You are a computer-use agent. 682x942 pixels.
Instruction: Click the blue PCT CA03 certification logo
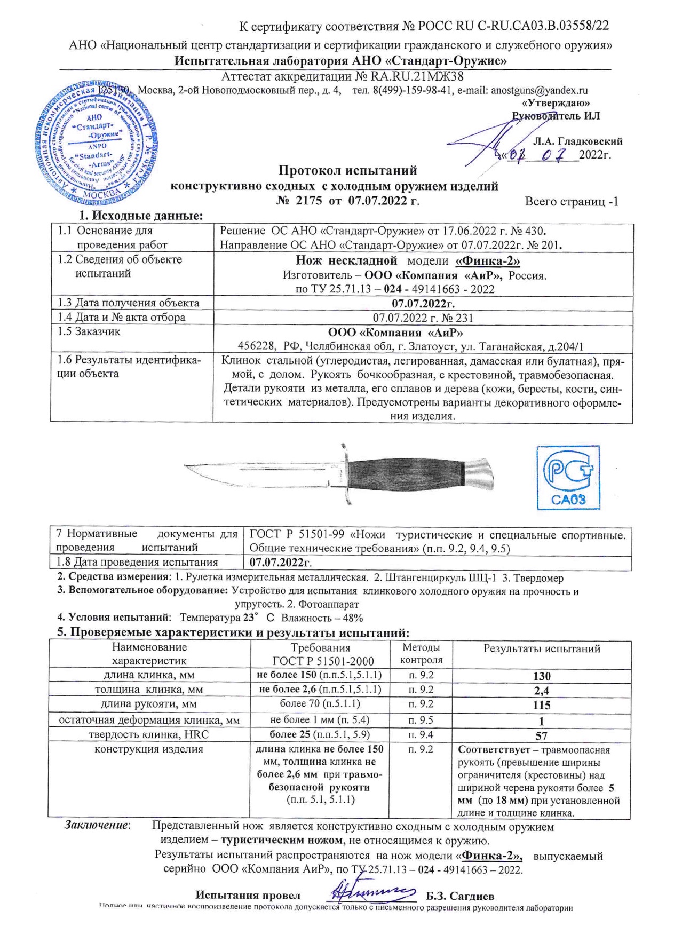(x=568, y=477)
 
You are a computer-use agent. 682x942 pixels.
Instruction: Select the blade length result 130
(x=542, y=676)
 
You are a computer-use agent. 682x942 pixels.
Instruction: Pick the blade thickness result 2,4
(x=542, y=691)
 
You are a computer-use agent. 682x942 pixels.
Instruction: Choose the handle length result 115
(x=542, y=705)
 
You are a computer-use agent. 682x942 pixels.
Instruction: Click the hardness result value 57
(x=542, y=735)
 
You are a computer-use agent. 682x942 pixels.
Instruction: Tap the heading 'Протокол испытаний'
(x=348, y=171)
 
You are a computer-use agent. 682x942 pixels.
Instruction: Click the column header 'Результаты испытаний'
(x=542, y=649)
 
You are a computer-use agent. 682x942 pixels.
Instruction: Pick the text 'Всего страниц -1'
(x=572, y=202)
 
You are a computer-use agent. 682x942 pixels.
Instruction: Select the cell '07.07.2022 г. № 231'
(x=423, y=318)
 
